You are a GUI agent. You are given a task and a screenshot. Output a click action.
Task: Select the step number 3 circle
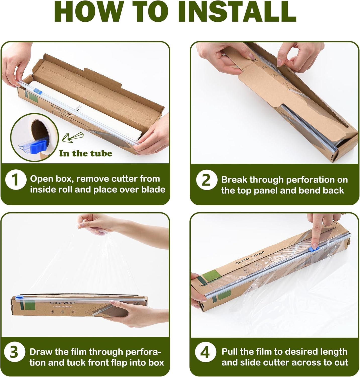click(14, 353)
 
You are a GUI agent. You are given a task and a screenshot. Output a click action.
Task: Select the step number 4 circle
click(205, 353)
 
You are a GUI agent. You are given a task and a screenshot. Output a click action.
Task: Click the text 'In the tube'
click(85, 153)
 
